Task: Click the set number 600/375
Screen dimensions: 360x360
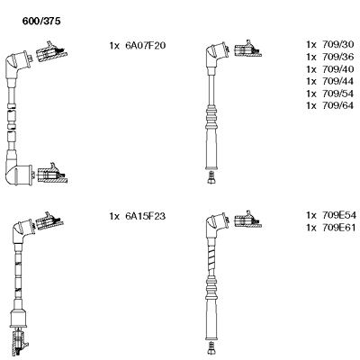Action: pos(41,21)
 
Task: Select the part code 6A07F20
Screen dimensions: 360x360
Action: pos(145,46)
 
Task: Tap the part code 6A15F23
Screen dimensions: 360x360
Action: pos(145,216)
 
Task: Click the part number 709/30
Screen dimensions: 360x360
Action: pos(337,45)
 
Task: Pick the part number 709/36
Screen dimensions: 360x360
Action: pos(337,57)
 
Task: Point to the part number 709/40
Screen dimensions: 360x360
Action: pos(337,69)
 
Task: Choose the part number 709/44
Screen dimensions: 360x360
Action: pos(337,81)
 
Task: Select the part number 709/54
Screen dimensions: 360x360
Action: pos(337,94)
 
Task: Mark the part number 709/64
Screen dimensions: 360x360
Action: pos(337,105)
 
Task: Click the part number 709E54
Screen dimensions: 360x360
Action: pos(339,215)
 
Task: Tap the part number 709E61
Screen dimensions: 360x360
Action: pos(339,228)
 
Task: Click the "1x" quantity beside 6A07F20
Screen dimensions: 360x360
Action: pos(114,46)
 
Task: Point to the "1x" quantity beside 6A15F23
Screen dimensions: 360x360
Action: pos(114,216)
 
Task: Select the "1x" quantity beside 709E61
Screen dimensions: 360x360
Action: pos(311,228)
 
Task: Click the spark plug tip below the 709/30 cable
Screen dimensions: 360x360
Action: pos(211,177)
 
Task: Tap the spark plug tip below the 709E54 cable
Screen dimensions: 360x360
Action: pos(211,348)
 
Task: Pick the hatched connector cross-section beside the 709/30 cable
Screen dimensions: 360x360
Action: pos(247,49)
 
